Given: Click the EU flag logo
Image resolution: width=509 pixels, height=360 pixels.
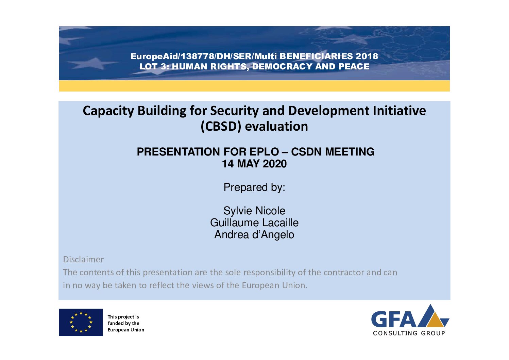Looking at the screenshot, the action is [x=81, y=322].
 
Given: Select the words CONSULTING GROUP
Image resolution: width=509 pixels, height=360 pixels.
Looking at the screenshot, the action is [x=409, y=333].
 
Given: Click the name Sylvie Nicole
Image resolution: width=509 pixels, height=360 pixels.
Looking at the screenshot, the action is [x=254, y=211].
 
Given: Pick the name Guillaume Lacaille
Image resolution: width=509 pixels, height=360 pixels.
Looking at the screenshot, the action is [x=254, y=223].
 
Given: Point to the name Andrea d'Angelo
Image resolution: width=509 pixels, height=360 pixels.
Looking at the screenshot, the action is [x=254, y=235].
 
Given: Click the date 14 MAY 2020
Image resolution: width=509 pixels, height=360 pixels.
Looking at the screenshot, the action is [x=254, y=164].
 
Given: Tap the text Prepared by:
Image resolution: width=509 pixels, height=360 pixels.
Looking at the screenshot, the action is [x=254, y=187].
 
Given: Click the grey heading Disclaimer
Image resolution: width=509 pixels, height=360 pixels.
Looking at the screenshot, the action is [x=83, y=260].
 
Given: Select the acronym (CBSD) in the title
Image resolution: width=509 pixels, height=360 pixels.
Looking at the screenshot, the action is [x=221, y=127].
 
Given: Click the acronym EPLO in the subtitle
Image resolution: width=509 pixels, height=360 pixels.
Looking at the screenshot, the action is [x=264, y=152].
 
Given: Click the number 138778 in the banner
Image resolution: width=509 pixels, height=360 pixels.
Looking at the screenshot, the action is [x=197, y=56].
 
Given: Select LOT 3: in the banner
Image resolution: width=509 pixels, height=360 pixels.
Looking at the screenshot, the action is [x=154, y=66].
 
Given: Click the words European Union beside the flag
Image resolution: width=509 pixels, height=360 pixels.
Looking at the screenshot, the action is [x=126, y=330].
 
